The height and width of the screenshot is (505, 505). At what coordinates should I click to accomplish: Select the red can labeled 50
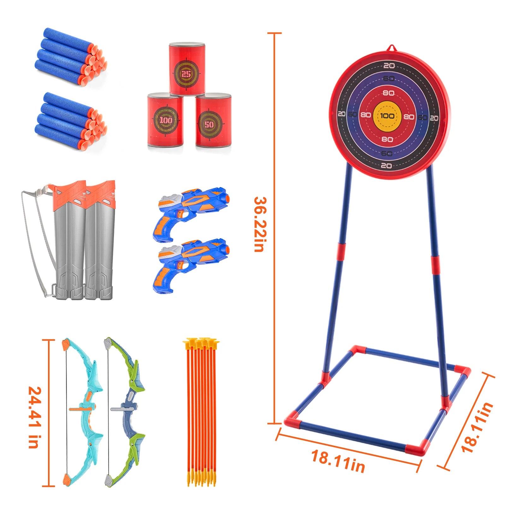213,122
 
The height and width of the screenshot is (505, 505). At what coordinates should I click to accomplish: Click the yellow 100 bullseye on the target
387,116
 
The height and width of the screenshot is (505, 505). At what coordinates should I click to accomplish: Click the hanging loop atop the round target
391,48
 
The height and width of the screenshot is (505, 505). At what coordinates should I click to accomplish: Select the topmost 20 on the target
389,65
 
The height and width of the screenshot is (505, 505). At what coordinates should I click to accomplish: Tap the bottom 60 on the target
387,153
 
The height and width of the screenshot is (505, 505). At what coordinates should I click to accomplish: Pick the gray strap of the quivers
35,240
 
